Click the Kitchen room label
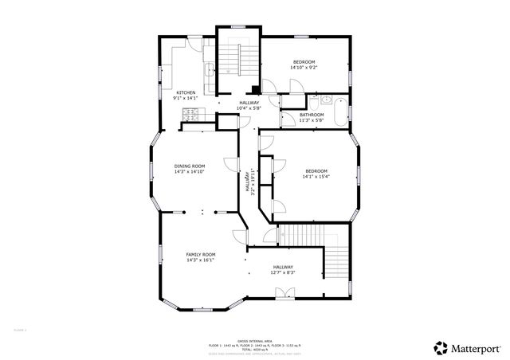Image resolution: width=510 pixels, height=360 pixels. (x=185, y=92)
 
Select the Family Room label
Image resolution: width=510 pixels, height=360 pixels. (x=201, y=254)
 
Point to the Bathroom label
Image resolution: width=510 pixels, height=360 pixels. (x=312, y=115)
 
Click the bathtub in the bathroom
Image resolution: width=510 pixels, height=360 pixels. (x=339, y=111)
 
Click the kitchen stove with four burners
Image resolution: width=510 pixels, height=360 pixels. (x=189, y=115)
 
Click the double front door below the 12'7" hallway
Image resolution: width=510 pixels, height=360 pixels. (x=284, y=295)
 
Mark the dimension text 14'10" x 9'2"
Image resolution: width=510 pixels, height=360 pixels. (x=304, y=68)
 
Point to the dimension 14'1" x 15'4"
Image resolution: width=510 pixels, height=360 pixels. (x=316, y=178)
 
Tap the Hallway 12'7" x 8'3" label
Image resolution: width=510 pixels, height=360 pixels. (x=284, y=270)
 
